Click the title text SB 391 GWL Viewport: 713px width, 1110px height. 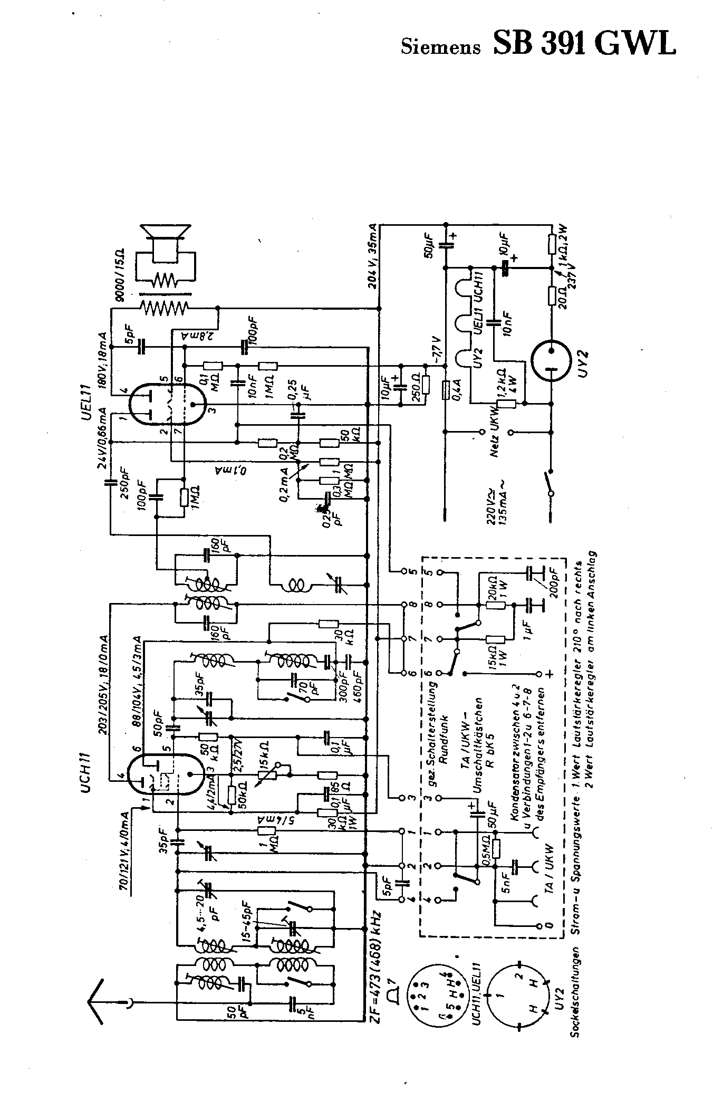pos(584,43)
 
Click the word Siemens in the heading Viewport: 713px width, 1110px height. pos(441,47)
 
